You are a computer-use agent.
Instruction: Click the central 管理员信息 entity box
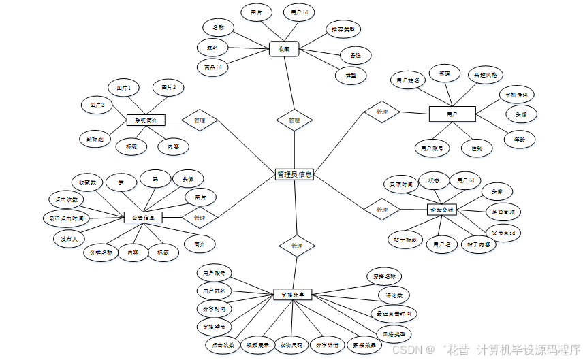(x=294, y=175)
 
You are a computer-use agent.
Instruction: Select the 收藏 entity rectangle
(x=283, y=49)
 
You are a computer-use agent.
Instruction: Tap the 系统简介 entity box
(x=146, y=120)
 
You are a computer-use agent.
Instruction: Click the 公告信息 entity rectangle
(x=143, y=218)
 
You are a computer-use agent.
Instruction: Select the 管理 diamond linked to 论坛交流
(x=381, y=209)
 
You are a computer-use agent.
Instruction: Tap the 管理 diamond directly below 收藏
(x=294, y=120)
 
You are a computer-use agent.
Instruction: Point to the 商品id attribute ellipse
(x=212, y=67)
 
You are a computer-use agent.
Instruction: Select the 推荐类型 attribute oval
(x=341, y=30)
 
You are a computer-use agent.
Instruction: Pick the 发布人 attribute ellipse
(x=69, y=239)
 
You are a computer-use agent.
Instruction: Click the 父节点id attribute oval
(x=505, y=233)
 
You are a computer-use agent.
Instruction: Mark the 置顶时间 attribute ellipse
(x=400, y=184)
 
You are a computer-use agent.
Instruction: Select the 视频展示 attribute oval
(x=257, y=345)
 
